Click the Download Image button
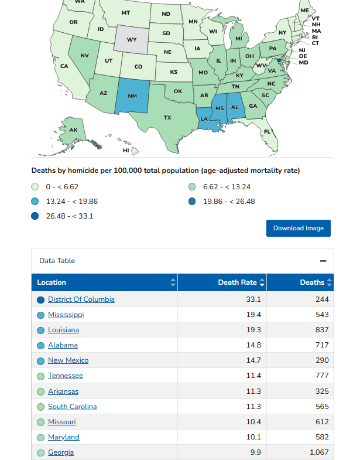[299, 228]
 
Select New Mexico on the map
[132, 96]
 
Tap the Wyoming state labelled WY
[132, 40]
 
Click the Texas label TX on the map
[167, 118]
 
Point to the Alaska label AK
[73, 130]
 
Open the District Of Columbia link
[81, 299]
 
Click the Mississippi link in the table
[66, 315]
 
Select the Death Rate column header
[238, 282]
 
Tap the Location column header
[52, 282]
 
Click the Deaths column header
[312, 282]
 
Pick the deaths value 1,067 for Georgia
[319, 452]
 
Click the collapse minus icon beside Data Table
[323, 261]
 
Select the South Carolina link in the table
[73, 407]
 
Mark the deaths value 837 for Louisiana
[322, 330]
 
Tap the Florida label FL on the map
[267, 131]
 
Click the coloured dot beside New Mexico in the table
[41, 361]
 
